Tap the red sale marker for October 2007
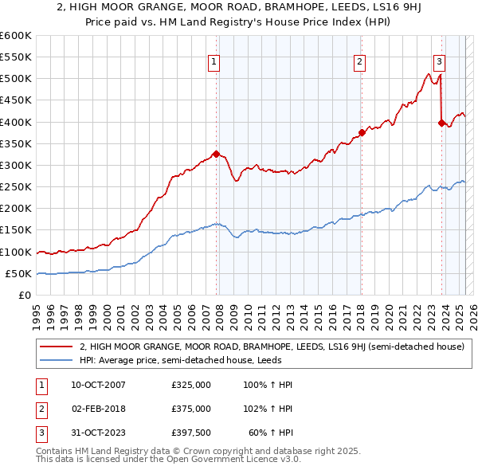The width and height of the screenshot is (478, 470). click(x=216, y=154)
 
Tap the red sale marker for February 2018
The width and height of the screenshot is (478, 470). click(x=361, y=132)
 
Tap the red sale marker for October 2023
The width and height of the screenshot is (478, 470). click(x=441, y=123)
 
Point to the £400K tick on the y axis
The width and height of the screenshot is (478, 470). click(x=16, y=122)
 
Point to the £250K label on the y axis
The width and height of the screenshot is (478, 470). click(x=16, y=186)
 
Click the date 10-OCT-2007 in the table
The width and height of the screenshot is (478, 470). click(x=98, y=385)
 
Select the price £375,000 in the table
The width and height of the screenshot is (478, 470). click(x=191, y=409)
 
